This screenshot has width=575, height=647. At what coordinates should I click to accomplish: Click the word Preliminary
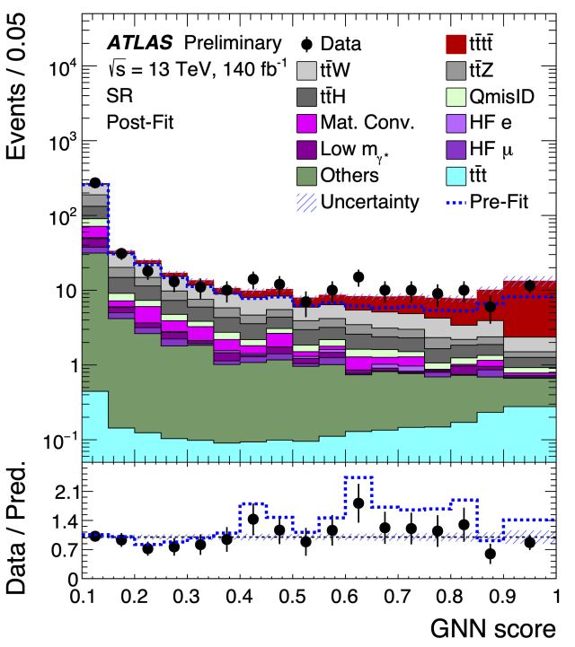[232, 42]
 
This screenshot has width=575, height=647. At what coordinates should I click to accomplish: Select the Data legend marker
[307, 43]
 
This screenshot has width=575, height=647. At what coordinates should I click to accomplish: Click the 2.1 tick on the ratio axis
[66, 492]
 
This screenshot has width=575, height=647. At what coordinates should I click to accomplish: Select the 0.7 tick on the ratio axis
[66, 550]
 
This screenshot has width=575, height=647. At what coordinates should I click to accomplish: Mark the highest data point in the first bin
[95, 182]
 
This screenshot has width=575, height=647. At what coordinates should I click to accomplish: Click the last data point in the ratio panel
[530, 542]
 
